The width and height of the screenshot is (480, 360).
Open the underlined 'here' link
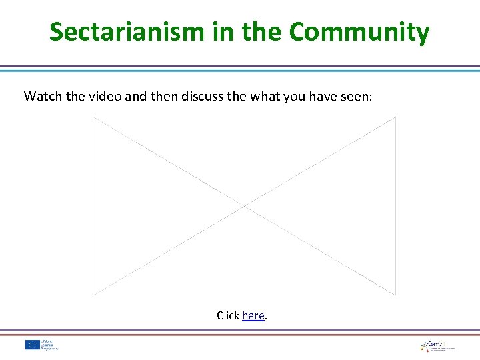253,315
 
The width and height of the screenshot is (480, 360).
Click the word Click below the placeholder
228,315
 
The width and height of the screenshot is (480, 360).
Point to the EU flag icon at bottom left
32,345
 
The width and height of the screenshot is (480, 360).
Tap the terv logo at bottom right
437,345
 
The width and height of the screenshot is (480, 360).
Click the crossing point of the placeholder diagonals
244,206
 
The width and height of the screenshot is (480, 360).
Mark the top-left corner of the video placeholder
93,117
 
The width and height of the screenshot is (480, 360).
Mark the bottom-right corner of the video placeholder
395,295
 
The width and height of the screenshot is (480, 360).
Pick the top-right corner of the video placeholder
395,117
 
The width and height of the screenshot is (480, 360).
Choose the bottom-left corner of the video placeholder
93,295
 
